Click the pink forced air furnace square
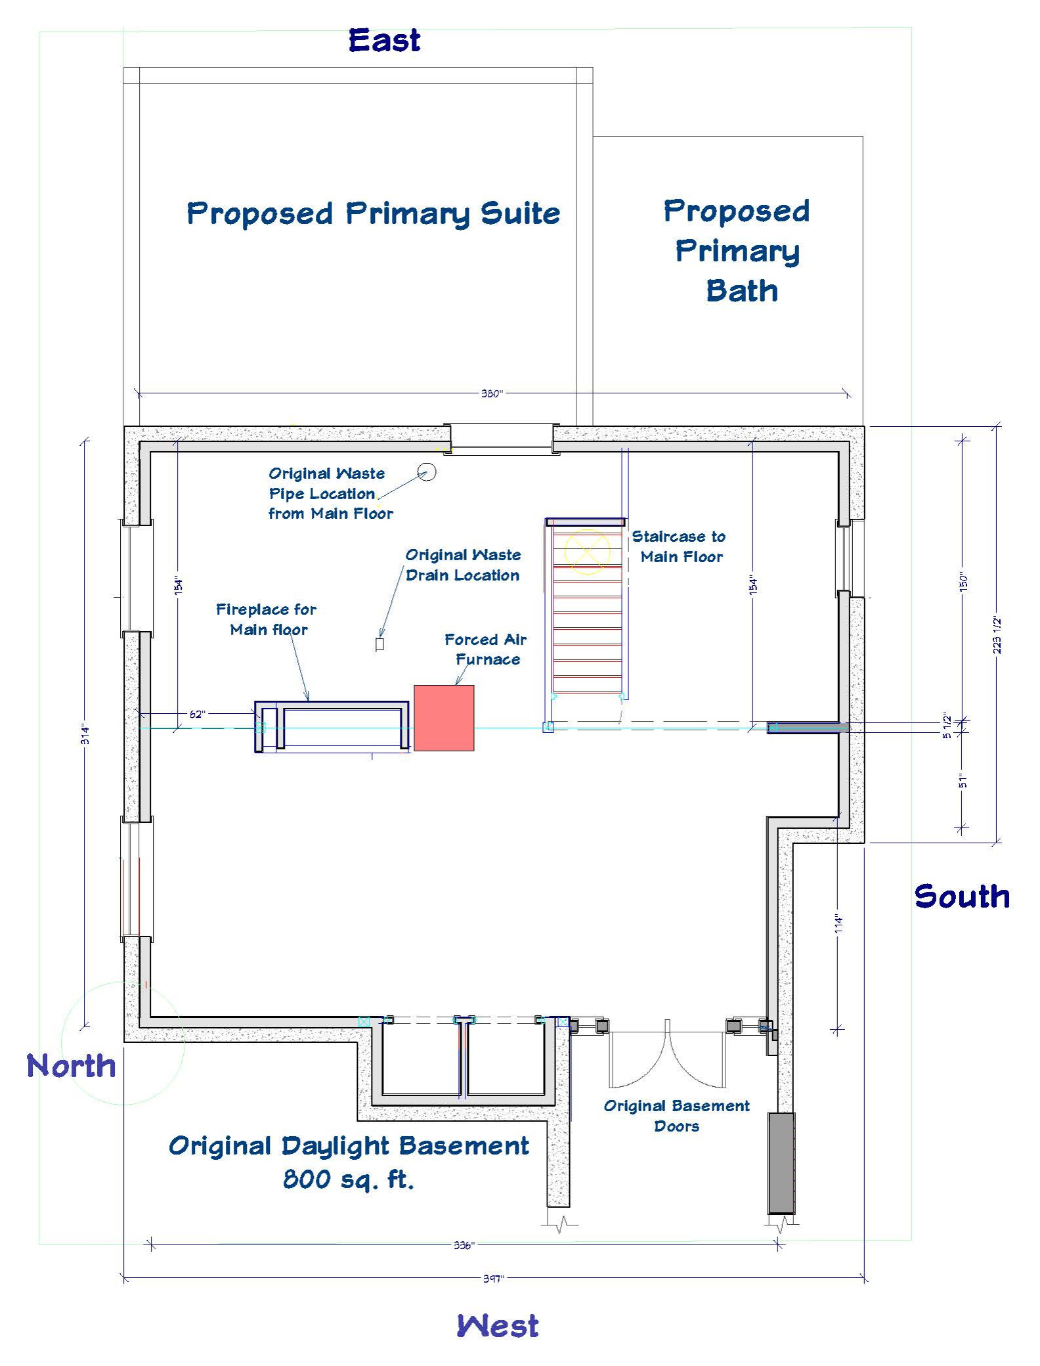444,718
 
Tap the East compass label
384,41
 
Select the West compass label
498,1326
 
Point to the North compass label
71,1066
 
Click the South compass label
962,896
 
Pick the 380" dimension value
492,393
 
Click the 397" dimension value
493,1279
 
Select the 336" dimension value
464,1245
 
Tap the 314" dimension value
85,734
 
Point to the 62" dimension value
198,714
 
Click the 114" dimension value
838,924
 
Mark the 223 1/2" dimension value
997,635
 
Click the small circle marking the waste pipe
427,472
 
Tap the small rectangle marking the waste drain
379,645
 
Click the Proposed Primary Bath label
737,252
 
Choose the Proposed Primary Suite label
374,214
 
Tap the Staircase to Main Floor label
680,546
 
